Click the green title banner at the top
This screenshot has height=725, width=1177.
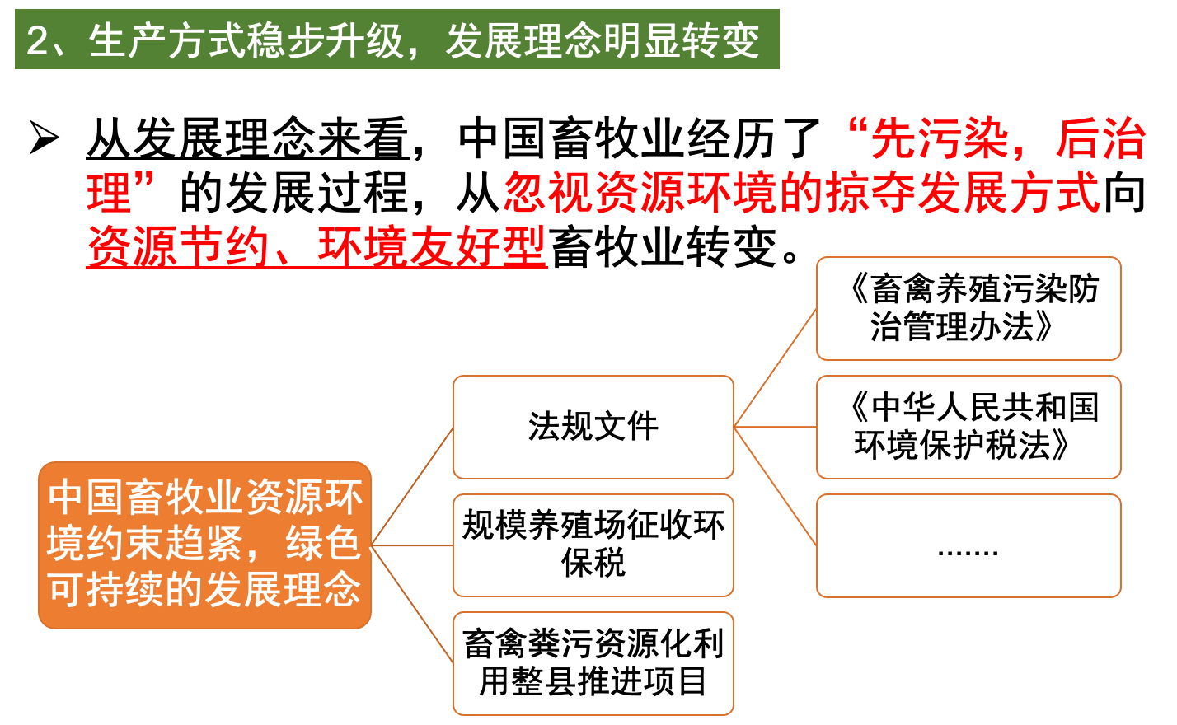point(396,39)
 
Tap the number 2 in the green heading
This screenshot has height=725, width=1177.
point(37,40)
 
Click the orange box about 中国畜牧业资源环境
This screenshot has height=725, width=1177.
point(204,545)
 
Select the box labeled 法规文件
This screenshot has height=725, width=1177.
point(593,427)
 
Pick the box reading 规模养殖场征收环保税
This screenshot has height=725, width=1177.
point(593,545)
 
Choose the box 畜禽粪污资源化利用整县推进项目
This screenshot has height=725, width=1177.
point(593,663)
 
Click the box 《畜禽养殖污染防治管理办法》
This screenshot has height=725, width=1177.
point(968,308)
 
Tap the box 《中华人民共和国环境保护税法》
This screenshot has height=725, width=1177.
point(968,427)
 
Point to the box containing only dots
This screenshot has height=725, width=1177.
point(968,545)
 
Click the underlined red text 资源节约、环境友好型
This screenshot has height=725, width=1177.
point(317,246)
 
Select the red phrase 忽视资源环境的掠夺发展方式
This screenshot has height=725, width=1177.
point(801,193)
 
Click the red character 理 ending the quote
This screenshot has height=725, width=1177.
point(110,193)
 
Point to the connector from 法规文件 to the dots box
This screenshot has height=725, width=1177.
point(775,486)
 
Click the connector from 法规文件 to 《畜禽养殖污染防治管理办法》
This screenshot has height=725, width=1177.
point(775,367)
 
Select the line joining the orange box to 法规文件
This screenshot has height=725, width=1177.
point(412,486)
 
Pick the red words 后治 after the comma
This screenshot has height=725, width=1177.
point(1101,138)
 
